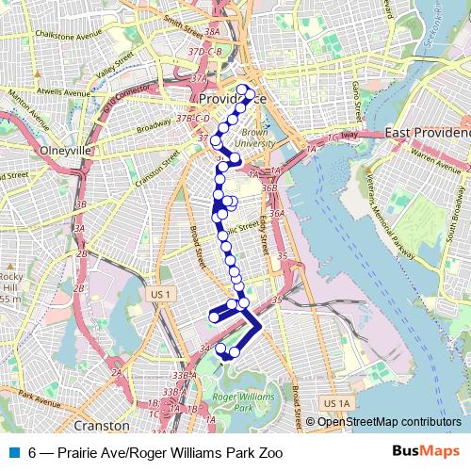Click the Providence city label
(232, 98)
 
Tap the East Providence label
(427, 134)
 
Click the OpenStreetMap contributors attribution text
(389, 421)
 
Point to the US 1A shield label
(334, 403)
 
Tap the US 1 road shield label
(162, 295)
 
